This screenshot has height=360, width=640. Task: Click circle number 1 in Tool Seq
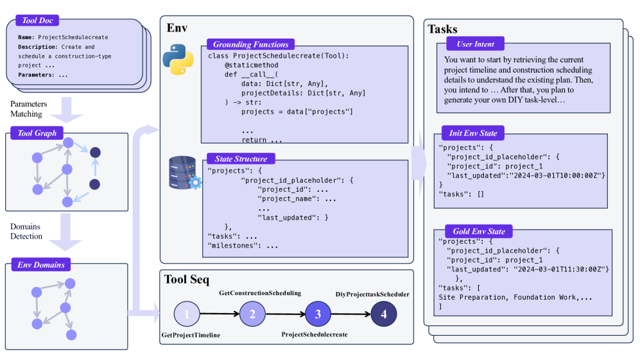[187, 314]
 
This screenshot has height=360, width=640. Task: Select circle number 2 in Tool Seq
[252, 314]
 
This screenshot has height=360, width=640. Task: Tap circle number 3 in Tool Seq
[318, 314]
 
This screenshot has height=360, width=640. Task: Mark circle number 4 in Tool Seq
[384, 314]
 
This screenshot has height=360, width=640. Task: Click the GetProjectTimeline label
[191, 336]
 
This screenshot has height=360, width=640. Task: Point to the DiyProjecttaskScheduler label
[372, 295]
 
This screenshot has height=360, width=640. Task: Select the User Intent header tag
[476, 44]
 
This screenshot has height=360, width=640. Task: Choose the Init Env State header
[473, 133]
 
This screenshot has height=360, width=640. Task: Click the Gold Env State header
[476, 231]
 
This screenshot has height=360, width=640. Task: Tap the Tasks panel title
[443, 29]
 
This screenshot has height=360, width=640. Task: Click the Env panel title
[177, 28]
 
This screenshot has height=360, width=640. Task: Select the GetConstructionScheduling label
[260, 293]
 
